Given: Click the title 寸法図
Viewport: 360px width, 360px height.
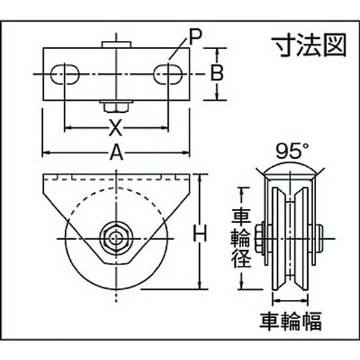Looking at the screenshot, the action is pos(309,46).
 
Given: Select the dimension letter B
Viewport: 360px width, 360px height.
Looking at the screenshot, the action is pos(217,73).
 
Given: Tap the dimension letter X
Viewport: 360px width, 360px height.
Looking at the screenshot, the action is pos(115,128).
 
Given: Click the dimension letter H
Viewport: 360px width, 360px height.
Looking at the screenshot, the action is pos(200,233).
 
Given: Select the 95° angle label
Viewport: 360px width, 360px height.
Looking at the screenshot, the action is pos(292,151).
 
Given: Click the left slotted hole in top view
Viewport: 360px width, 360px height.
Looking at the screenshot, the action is pos(65,74).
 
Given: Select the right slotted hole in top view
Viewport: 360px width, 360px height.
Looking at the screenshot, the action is pos(168,74).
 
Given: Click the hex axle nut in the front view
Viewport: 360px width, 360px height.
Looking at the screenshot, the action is pos(116,239).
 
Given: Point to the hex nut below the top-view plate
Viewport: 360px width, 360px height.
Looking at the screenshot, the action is pos(116,107).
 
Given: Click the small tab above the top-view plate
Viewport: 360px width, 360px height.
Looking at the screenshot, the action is pos(116,44).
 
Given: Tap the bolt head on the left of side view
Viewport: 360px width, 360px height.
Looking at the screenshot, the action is pos(259,239).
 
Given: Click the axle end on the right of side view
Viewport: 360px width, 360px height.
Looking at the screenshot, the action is pos(320,239).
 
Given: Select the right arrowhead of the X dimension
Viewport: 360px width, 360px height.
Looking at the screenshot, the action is pos(165,128).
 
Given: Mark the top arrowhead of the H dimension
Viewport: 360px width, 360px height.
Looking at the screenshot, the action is pos(200,178).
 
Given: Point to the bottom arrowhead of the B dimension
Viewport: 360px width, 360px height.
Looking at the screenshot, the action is pos(217,97).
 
